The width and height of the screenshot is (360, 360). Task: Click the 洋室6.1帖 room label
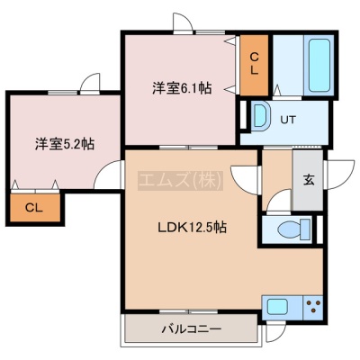pyautogui.click(x=182, y=88)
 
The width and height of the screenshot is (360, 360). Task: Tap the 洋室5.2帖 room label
pyautogui.click(x=65, y=144)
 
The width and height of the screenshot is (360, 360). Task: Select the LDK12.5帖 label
pyautogui.click(x=192, y=228)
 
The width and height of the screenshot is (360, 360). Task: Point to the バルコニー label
pyautogui.click(x=192, y=329)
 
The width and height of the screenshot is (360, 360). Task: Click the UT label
pyautogui.click(x=288, y=120)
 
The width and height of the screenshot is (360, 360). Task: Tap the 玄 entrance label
pyautogui.click(x=309, y=179)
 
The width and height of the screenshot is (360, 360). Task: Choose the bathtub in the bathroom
pyautogui.click(x=319, y=65)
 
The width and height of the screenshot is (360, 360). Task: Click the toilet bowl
pyautogui.click(x=294, y=229)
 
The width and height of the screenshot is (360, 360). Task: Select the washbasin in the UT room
pyautogui.click(x=260, y=116)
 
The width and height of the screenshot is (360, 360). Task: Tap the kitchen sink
pyautogui.click(x=278, y=307)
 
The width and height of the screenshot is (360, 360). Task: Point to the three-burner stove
pyautogui.click(x=313, y=307)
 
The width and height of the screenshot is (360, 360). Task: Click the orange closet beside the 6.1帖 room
pyautogui.click(x=254, y=65)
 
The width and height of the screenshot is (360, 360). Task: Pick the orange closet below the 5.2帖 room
pyautogui.click(x=35, y=208)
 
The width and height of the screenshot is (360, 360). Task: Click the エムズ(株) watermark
pyautogui.click(x=180, y=181)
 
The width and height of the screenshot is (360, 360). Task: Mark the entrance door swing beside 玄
pyautogui.click(x=339, y=175)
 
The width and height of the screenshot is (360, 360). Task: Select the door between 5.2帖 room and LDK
pyautogui.click(x=109, y=175)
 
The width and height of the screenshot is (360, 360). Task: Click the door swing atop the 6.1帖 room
pyautogui.click(x=183, y=22)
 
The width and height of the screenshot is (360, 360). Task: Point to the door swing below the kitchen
pyautogui.click(x=276, y=332)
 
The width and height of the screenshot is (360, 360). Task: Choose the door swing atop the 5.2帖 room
pyautogui.click(x=90, y=83)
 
